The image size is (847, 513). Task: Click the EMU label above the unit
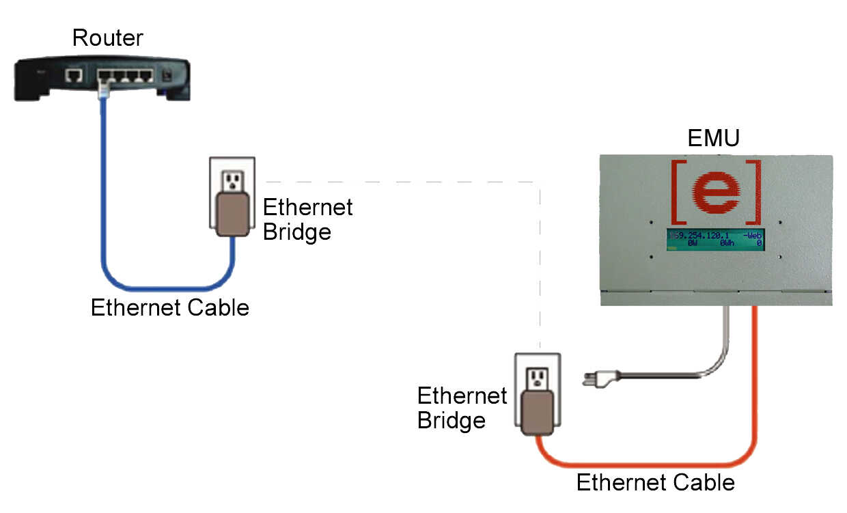(x=714, y=139)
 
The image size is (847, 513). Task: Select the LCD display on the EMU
(x=715, y=240)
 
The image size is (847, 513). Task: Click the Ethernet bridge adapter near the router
(x=232, y=214)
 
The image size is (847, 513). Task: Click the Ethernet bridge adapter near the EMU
(x=537, y=413)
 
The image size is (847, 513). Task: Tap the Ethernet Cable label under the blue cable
(x=169, y=308)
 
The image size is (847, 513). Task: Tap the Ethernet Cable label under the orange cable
(x=655, y=483)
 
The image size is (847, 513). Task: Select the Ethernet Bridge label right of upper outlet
(x=307, y=219)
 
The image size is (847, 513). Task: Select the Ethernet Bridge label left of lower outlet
(x=462, y=408)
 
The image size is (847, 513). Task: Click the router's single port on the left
(x=74, y=75)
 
